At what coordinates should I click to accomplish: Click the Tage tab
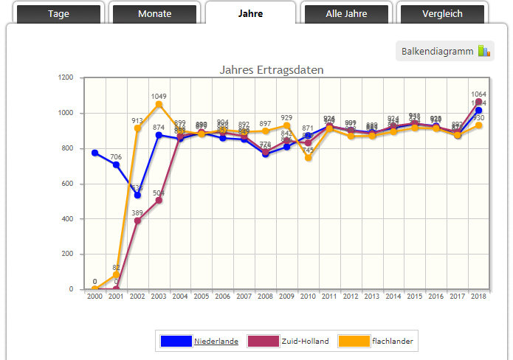tap(58, 14)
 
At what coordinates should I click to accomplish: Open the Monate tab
tap(154, 14)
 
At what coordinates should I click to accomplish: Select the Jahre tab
tap(250, 13)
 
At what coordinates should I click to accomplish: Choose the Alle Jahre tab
tap(346, 14)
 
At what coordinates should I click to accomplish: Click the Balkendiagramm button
tap(445, 51)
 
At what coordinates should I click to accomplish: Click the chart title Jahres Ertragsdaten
tap(272, 69)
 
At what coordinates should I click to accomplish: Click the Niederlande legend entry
tap(216, 341)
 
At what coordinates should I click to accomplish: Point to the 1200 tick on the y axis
tap(66, 77)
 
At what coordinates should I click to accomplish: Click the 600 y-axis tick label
tap(69, 184)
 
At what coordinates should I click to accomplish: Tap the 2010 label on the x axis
tap(308, 296)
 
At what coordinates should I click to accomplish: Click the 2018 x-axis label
tap(478, 296)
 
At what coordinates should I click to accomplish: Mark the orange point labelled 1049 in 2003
tap(159, 104)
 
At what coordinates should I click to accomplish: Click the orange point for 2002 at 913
tap(137, 128)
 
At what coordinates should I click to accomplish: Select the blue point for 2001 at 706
tap(116, 165)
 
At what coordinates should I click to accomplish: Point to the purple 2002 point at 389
tap(137, 221)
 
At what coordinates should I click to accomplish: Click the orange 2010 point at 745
tap(308, 158)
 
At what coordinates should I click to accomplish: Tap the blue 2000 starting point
tap(94, 153)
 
